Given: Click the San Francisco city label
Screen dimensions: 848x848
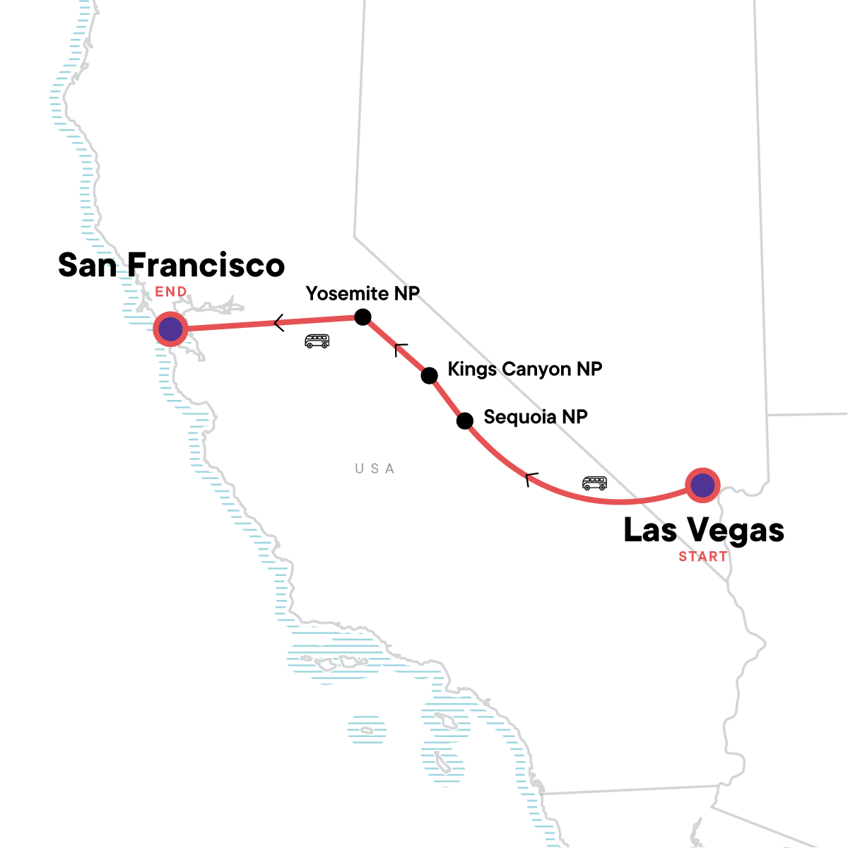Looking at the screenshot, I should [x=171, y=266].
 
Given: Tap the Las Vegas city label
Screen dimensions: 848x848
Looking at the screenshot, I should [x=704, y=531].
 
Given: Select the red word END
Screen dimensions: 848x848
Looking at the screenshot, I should [x=171, y=292].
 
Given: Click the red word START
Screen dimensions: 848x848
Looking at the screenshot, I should [x=702, y=557].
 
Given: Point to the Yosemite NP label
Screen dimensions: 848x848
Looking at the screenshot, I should [x=363, y=294].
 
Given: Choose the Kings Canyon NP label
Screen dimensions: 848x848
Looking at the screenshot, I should [x=524, y=370].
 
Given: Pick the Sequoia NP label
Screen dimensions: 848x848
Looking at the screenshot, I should [x=535, y=417].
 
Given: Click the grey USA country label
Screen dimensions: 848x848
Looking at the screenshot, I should [x=375, y=469].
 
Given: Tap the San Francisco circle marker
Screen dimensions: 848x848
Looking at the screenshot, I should [x=170, y=329].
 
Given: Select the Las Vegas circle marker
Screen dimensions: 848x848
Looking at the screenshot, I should [x=702, y=485].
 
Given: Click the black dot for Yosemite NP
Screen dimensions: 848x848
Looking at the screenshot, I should [x=363, y=317].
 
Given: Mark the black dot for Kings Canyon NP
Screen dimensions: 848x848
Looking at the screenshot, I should [x=429, y=375].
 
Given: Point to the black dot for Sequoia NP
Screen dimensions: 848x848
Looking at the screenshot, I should [x=464, y=421].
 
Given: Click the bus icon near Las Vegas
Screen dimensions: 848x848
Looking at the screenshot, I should [x=594, y=483].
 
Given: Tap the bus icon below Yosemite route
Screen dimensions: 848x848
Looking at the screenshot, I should [x=317, y=341].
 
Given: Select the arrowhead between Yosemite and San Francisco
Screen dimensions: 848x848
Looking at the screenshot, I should [x=278, y=323].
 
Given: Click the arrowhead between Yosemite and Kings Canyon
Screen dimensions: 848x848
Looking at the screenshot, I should [x=400, y=348].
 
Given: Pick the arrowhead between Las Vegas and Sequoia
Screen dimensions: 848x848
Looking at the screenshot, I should [x=531, y=478].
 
